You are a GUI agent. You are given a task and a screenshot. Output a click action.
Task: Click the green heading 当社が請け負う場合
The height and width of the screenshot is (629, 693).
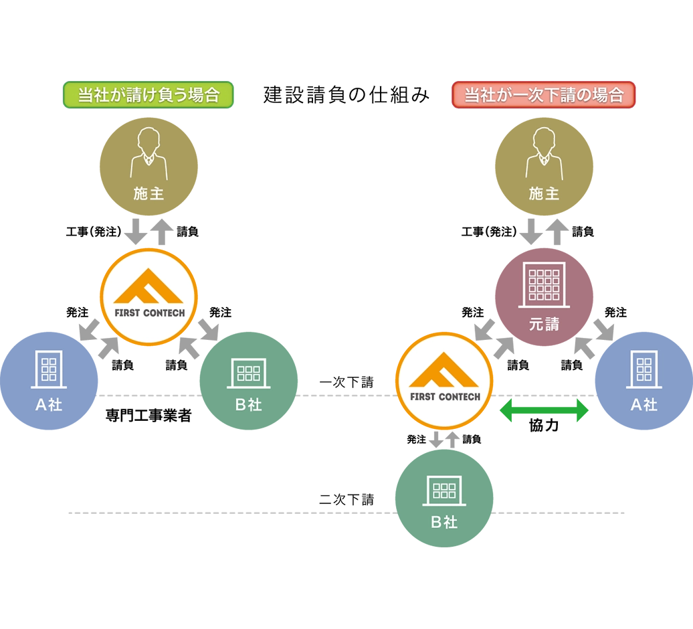(x=148, y=95)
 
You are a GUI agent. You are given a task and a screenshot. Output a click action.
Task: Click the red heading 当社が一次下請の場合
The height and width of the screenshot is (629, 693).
(x=543, y=95)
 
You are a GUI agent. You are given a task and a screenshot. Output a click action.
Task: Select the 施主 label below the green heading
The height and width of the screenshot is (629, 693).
(x=148, y=194)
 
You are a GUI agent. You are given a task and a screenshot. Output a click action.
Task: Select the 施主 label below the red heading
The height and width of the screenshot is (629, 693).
(x=544, y=194)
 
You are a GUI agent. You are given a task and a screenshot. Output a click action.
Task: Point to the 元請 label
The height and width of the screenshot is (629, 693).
(x=544, y=325)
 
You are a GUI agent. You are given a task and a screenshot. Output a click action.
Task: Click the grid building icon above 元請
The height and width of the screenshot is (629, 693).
(x=544, y=284)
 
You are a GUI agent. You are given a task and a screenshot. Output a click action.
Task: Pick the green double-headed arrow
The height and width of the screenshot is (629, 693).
(x=543, y=409)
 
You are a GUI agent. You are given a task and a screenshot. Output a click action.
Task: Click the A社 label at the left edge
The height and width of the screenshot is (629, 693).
(x=49, y=405)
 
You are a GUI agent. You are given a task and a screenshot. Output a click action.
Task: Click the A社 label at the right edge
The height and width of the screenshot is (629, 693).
(x=644, y=405)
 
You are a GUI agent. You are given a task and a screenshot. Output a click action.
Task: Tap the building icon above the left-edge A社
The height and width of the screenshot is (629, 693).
(x=49, y=369)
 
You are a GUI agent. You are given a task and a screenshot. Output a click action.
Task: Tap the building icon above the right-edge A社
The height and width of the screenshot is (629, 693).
(x=644, y=369)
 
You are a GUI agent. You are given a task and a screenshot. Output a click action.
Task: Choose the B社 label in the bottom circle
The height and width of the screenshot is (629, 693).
(x=444, y=522)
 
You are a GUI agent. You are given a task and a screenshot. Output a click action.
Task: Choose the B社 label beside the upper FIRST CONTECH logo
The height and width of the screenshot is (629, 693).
(x=249, y=405)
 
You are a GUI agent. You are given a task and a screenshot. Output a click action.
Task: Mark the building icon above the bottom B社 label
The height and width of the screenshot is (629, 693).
(x=444, y=490)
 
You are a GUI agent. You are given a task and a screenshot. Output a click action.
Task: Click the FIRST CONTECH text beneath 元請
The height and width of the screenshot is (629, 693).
(x=446, y=397)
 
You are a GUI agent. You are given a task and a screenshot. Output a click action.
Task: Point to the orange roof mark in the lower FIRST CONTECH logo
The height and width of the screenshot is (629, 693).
(x=444, y=371)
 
